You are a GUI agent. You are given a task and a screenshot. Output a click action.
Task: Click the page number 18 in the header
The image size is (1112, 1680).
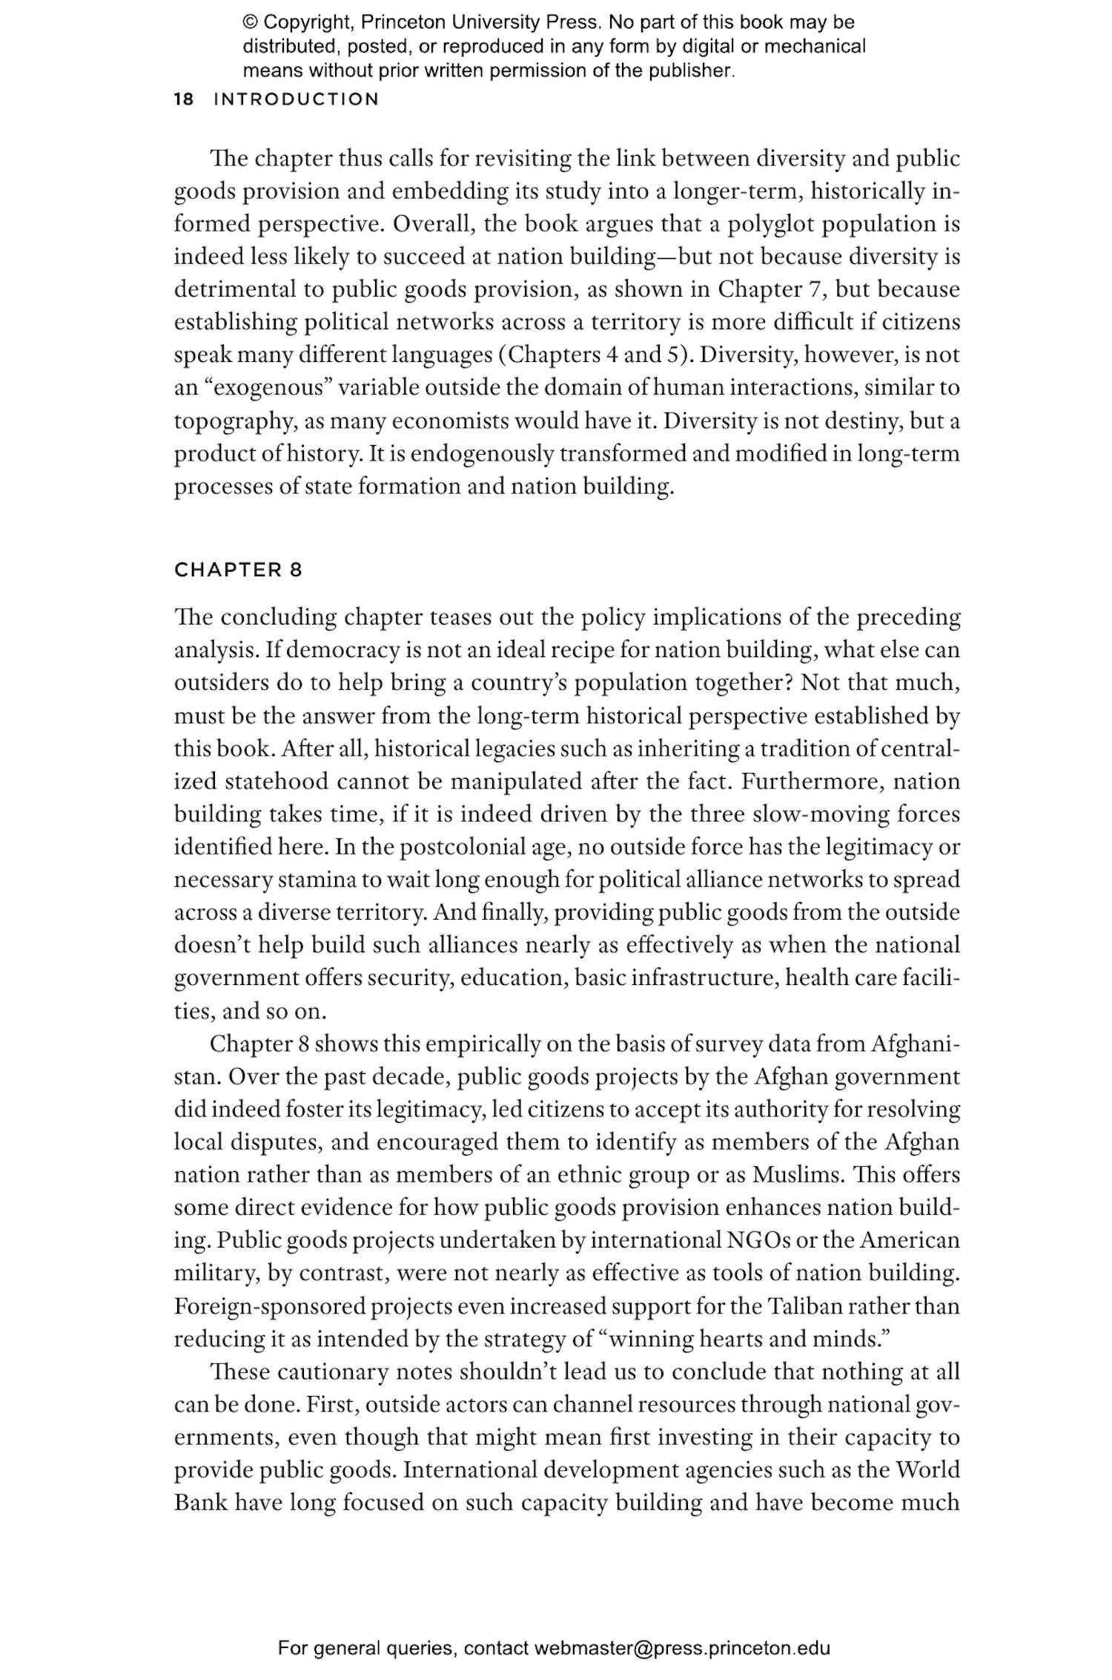click(x=184, y=99)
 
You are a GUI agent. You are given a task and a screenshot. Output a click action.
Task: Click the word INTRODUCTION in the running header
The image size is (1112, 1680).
click(x=296, y=99)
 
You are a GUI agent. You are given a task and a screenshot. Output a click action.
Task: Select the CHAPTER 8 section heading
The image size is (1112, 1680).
click(x=238, y=570)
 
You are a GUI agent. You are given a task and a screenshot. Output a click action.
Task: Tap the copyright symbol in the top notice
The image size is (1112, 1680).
click(x=250, y=22)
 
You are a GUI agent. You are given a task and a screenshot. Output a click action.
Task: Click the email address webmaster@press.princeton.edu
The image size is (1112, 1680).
click(x=681, y=1647)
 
